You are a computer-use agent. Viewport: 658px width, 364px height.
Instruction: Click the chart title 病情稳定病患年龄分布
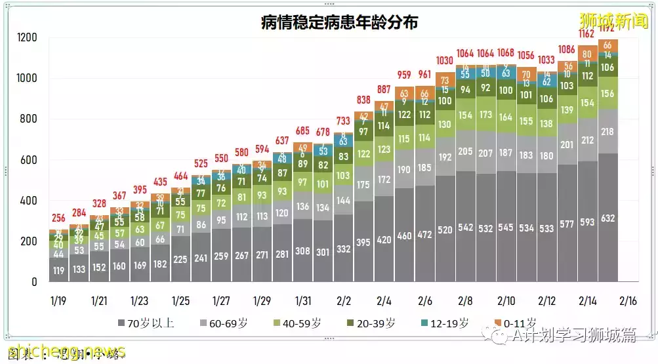pos(339,22)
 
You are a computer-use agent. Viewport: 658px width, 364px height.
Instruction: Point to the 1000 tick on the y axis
pos(27,79)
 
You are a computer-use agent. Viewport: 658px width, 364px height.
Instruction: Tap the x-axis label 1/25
pos(180,301)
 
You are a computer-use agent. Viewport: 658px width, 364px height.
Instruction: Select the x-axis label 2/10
pos(506,301)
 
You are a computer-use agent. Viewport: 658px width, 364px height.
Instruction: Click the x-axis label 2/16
pos(628,301)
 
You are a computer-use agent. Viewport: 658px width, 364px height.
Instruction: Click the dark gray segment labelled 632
pos(607,218)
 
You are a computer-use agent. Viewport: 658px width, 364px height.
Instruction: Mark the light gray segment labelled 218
pos(607,132)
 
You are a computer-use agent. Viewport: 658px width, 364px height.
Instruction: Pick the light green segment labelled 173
pos(486,115)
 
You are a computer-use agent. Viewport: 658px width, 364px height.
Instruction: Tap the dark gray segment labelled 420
pos(384,239)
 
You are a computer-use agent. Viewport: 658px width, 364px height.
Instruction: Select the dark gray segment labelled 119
pos(59,270)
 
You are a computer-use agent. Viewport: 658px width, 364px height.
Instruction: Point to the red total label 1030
pos(445,60)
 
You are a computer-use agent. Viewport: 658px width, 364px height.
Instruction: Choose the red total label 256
pos(59,218)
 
